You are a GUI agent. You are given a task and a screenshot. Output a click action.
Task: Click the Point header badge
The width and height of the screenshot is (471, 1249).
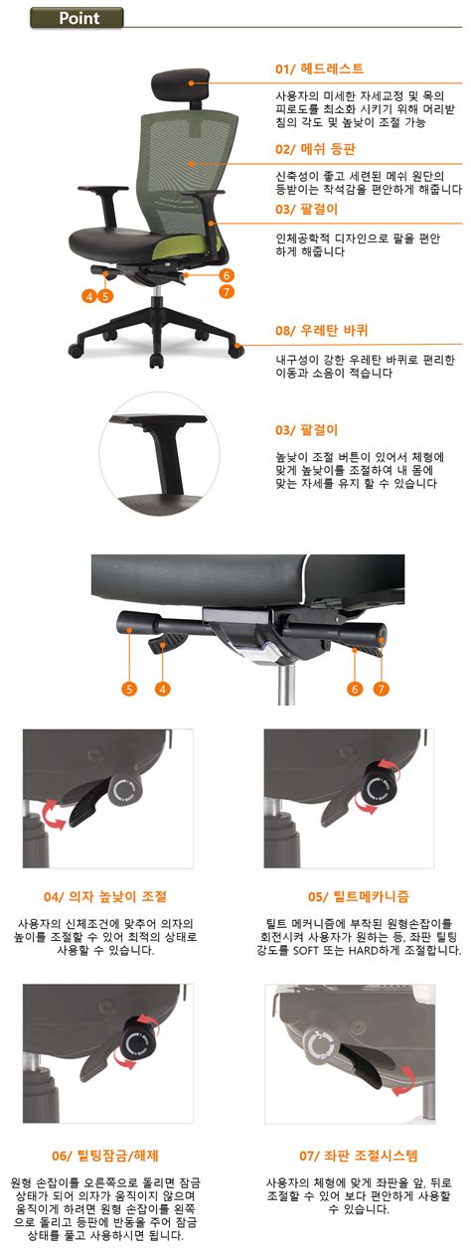76,18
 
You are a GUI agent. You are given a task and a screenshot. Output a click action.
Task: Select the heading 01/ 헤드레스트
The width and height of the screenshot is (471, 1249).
319,69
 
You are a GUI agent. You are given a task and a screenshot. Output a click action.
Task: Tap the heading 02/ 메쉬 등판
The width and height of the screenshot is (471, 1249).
315,149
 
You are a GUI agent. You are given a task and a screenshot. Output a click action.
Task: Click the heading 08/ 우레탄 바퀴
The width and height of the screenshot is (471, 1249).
322,330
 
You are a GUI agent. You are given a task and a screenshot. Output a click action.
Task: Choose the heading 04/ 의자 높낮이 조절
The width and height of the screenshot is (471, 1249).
105,896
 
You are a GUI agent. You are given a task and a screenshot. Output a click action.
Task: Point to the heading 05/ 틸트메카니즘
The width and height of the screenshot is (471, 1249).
359,896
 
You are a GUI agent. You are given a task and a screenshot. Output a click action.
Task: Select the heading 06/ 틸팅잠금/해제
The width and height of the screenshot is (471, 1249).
105,1156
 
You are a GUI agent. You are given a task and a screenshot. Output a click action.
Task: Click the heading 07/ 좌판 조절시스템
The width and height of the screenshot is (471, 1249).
359,1156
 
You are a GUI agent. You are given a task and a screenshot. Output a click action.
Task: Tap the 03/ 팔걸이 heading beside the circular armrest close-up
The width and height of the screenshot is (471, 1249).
307,430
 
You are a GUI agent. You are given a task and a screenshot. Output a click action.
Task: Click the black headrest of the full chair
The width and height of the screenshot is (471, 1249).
180,83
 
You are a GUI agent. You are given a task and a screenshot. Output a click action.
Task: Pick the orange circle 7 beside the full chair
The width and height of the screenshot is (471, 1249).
227,291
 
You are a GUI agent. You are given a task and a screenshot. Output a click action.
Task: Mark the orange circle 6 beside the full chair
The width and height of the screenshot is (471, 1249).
227,275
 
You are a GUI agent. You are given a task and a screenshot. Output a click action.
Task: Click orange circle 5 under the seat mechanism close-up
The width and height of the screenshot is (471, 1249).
129,689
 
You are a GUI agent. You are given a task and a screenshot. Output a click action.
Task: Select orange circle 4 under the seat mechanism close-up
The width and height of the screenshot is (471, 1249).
162,689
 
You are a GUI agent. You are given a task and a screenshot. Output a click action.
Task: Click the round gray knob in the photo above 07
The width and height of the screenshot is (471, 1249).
319,1046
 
